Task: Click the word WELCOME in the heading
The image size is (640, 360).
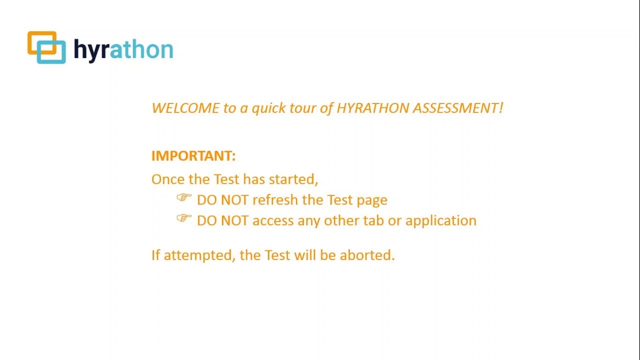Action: point(185,108)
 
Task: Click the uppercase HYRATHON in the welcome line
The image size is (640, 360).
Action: point(372,108)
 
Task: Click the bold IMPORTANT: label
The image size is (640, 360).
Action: point(193,156)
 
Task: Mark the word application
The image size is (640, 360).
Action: point(440,221)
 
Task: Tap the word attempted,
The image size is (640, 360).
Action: point(199,255)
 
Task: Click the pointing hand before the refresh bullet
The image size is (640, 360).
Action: point(184,198)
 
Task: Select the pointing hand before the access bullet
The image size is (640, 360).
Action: point(184,218)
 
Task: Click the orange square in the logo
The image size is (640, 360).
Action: point(35,39)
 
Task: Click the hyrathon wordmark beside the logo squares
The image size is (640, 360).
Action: point(123,50)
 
